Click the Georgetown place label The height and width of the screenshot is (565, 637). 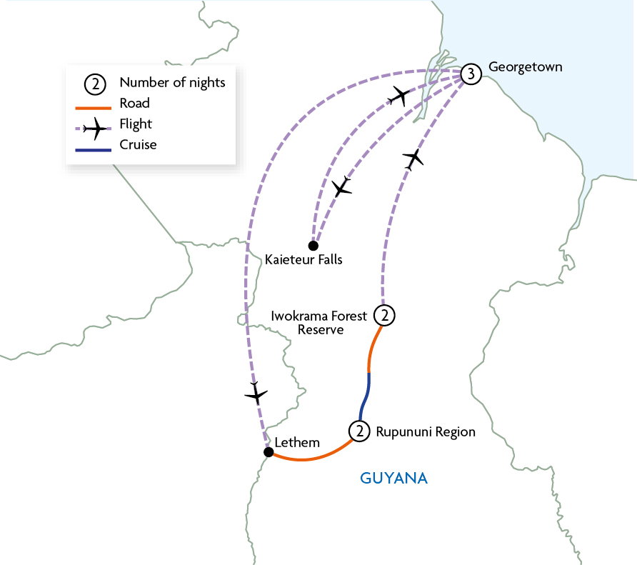pos(526,67)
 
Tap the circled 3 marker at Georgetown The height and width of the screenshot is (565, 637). pos(471,74)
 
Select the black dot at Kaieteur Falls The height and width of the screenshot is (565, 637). pos(314,246)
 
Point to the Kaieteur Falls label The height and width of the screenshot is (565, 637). pos(304,259)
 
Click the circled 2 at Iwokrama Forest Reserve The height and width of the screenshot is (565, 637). pos(384,315)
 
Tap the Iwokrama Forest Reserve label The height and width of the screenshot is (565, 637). pos(319,323)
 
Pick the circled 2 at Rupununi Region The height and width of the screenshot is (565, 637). pos(359,431)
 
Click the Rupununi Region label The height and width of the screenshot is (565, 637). pos(426,431)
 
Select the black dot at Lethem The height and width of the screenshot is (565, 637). pos(269,451)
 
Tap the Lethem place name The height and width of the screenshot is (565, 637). pos(297,442)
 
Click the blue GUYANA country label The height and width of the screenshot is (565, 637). pos(393,478)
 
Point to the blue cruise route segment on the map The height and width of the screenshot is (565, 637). pos(364,397)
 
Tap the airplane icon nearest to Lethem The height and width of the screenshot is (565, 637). pos(256,394)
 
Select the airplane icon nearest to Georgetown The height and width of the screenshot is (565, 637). pos(399,96)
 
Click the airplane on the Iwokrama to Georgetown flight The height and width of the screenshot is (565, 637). pos(413,159)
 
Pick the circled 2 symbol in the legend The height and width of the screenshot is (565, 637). pos(95,84)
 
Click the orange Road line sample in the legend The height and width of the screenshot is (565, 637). pos(94,108)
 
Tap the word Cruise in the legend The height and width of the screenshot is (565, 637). pos(138,145)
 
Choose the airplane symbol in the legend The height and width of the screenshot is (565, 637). pos(95,129)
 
